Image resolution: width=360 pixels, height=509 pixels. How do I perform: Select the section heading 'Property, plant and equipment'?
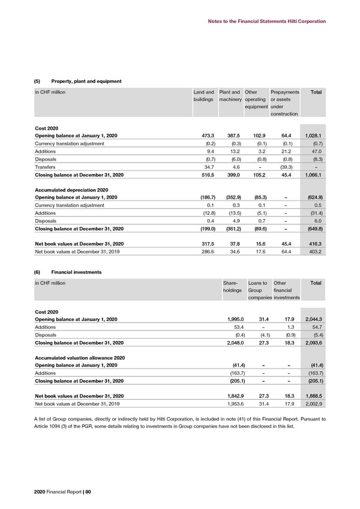point(86,81)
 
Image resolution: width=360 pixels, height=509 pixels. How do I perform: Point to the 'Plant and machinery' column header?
point(230,95)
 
